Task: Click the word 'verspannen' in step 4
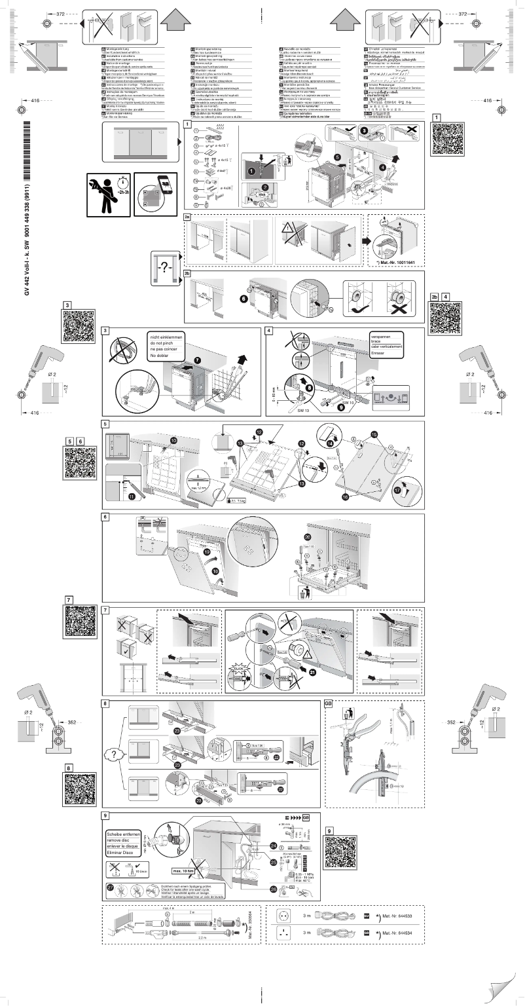(x=381, y=336)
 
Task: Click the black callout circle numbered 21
(x=312, y=672)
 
